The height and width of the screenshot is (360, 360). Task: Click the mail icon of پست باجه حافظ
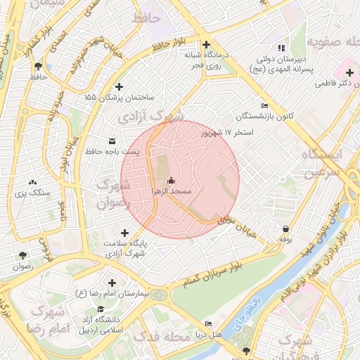[112, 141]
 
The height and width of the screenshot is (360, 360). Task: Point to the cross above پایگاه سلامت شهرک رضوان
[125, 233]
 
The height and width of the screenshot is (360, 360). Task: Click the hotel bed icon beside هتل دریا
[208, 323]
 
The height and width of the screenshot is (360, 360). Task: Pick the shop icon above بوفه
[285, 229]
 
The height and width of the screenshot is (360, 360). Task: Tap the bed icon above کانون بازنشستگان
[264, 105]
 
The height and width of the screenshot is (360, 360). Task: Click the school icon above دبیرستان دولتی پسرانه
[282, 48]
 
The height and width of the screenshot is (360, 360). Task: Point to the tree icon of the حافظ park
[37, 67]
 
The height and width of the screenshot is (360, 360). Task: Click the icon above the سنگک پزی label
[32, 181]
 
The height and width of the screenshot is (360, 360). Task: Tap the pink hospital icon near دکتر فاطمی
[349, 72]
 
